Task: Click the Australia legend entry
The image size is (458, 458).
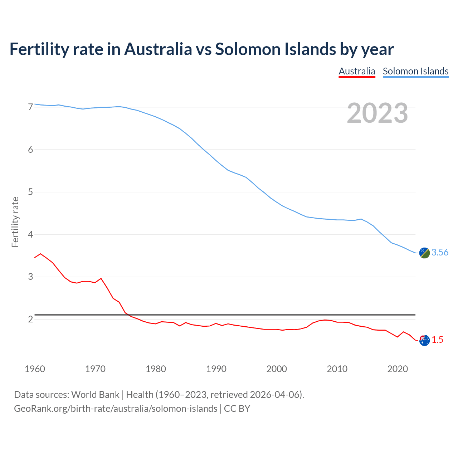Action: pyautogui.click(x=357, y=71)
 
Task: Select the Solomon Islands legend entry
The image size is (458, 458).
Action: pyautogui.click(x=415, y=71)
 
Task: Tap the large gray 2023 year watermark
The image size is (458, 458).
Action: pyautogui.click(x=377, y=113)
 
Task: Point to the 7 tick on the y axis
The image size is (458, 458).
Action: pyautogui.click(x=30, y=107)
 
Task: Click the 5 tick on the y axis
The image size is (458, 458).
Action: pyautogui.click(x=30, y=192)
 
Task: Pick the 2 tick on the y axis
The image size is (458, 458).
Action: pyautogui.click(x=30, y=319)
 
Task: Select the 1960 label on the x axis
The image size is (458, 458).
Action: pyautogui.click(x=35, y=369)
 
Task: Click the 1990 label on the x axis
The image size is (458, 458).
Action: pyautogui.click(x=216, y=369)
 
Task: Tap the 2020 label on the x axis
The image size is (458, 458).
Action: pyautogui.click(x=398, y=369)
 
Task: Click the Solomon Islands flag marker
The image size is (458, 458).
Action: pyautogui.click(x=424, y=253)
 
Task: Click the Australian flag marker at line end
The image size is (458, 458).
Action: pyautogui.click(x=424, y=340)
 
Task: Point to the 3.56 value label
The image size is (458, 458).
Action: pyautogui.click(x=440, y=253)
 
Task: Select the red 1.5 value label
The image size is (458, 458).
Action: pyautogui.click(x=437, y=340)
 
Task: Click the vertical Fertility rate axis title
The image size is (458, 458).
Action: pyautogui.click(x=15, y=222)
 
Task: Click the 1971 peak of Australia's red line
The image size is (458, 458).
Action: pyautogui.click(x=101, y=278)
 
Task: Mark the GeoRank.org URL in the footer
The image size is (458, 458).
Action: pyautogui.click(x=116, y=409)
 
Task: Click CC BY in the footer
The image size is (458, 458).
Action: pyautogui.click(x=237, y=409)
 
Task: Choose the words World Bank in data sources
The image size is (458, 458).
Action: pyautogui.click(x=95, y=395)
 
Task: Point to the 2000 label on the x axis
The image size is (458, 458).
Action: pyautogui.click(x=277, y=369)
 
